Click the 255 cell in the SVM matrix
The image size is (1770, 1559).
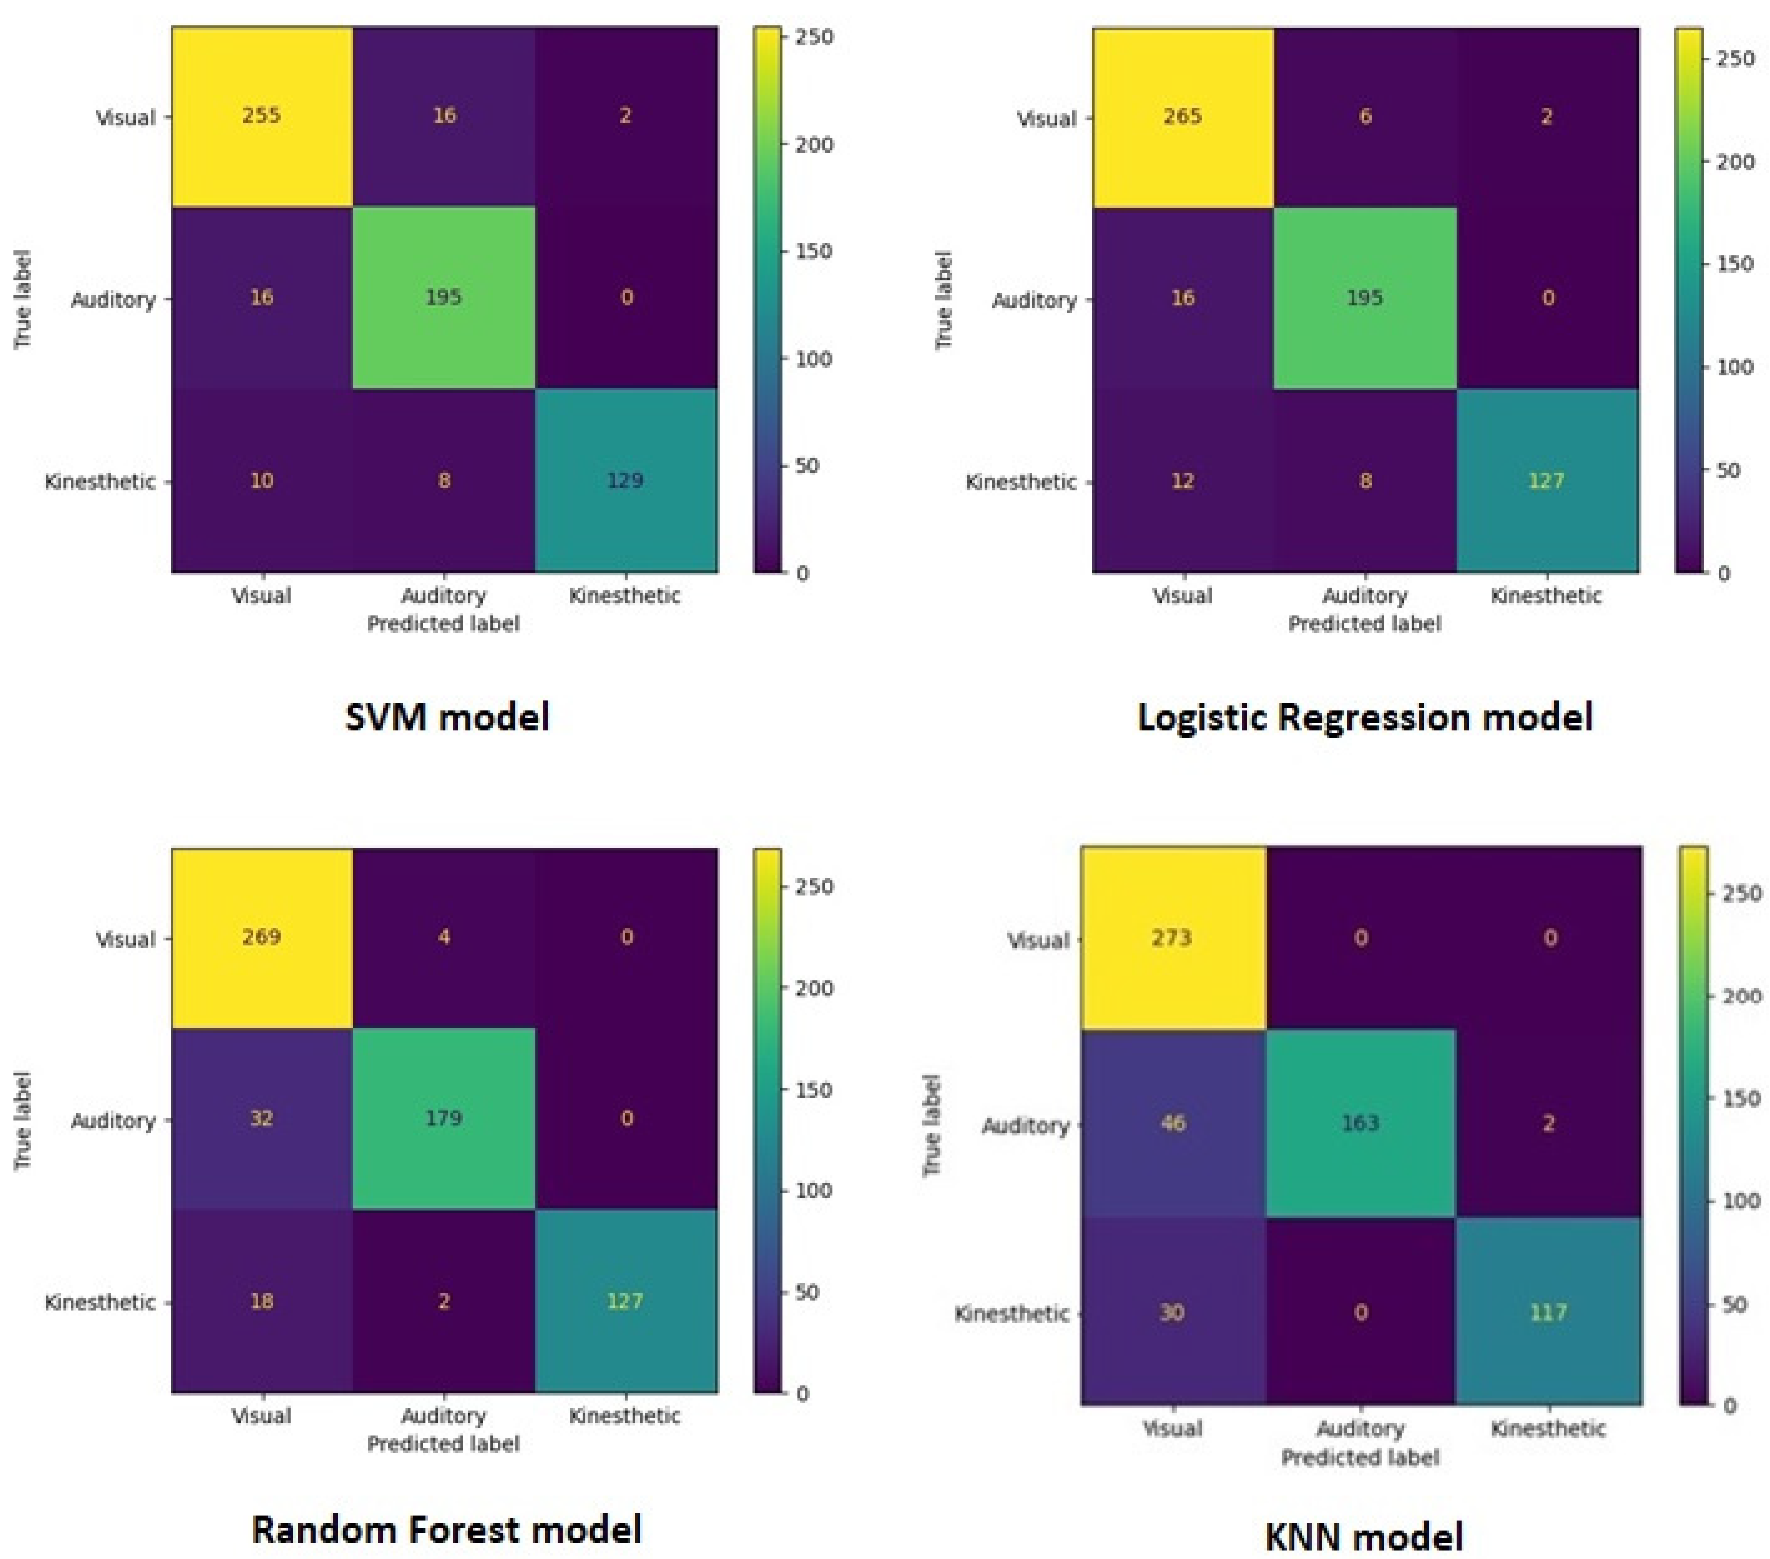pyautogui.click(x=261, y=116)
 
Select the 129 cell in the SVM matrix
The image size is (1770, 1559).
pyautogui.click(x=625, y=481)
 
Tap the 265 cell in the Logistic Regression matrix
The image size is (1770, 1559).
pyautogui.click(x=1183, y=117)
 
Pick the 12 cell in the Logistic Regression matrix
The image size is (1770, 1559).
pyautogui.click(x=1183, y=481)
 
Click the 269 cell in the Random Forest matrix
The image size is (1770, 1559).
pyautogui.click(x=261, y=937)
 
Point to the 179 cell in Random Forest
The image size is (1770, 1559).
pyautogui.click(x=443, y=1118)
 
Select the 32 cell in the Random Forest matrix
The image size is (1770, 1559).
pyautogui.click(x=261, y=1118)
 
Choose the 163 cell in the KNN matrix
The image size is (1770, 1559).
pyautogui.click(x=1360, y=1123)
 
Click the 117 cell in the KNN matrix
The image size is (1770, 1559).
pyautogui.click(x=1548, y=1312)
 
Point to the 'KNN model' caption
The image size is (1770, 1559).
pyautogui.click(x=1364, y=1536)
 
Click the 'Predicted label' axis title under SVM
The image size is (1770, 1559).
pyautogui.click(x=443, y=624)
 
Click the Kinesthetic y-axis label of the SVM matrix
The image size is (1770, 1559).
pyautogui.click(x=100, y=482)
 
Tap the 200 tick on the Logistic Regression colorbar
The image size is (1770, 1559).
pyautogui.click(x=1734, y=162)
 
